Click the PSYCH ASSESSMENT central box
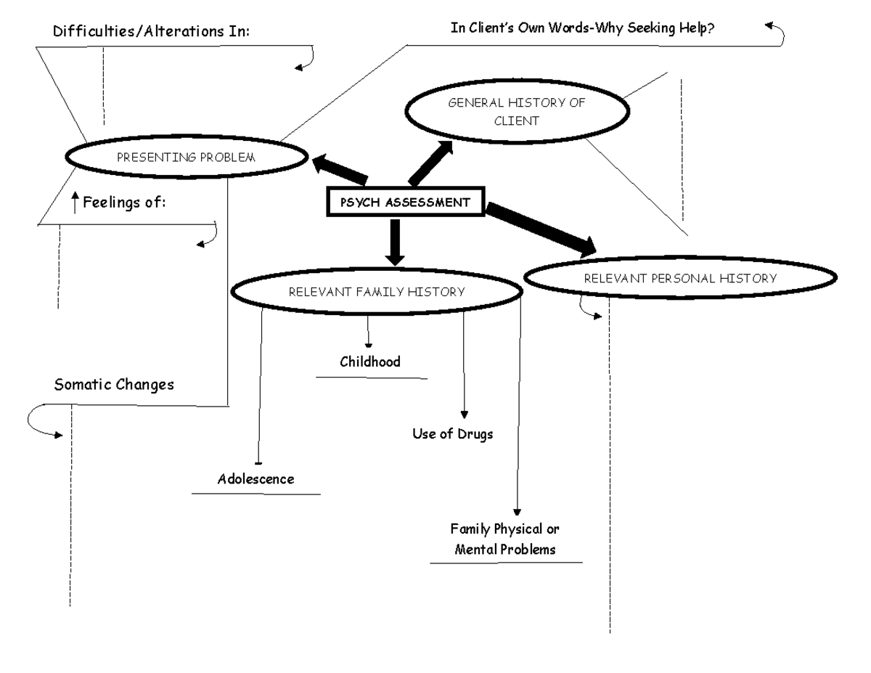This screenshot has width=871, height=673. click(x=405, y=203)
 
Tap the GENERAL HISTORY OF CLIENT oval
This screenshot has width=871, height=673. click(x=516, y=112)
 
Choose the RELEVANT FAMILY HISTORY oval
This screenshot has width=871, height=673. click(x=376, y=292)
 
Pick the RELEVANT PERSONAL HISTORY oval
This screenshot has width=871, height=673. click(x=680, y=278)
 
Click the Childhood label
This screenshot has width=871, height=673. click(x=370, y=362)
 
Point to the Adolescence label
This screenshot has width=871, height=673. click(x=255, y=479)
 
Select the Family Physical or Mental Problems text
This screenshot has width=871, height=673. click(x=505, y=539)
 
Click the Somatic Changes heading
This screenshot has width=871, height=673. click(x=114, y=385)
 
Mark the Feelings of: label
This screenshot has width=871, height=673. click(x=124, y=203)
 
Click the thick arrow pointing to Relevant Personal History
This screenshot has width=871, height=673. click(x=541, y=229)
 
